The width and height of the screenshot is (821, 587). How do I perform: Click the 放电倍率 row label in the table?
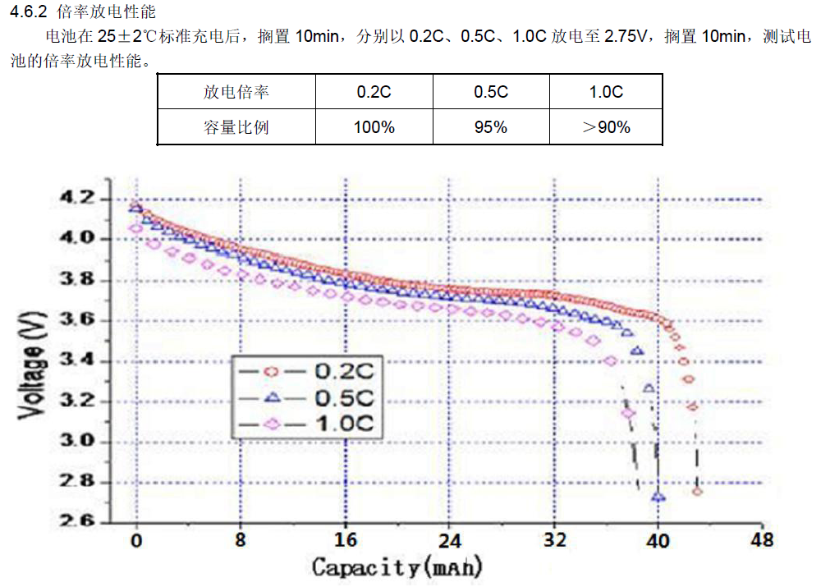[x=236, y=92]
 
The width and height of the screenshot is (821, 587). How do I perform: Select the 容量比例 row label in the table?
[x=236, y=127]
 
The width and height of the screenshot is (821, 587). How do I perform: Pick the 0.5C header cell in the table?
[x=491, y=92]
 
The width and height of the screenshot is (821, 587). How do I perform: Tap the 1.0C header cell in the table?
[x=606, y=92]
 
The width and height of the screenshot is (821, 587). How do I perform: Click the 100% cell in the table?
[x=374, y=127]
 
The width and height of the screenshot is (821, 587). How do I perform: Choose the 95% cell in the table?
[x=491, y=127]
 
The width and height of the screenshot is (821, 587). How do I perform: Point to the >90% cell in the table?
[x=606, y=127]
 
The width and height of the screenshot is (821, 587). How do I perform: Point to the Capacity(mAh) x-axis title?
[x=397, y=566]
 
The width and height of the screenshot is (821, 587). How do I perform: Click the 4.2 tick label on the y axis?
[x=77, y=199]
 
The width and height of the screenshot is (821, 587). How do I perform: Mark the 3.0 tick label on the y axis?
[x=77, y=442]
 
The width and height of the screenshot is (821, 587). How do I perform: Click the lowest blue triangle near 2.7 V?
[x=658, y=497]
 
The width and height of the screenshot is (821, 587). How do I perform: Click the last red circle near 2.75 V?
[x=697, y=491]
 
